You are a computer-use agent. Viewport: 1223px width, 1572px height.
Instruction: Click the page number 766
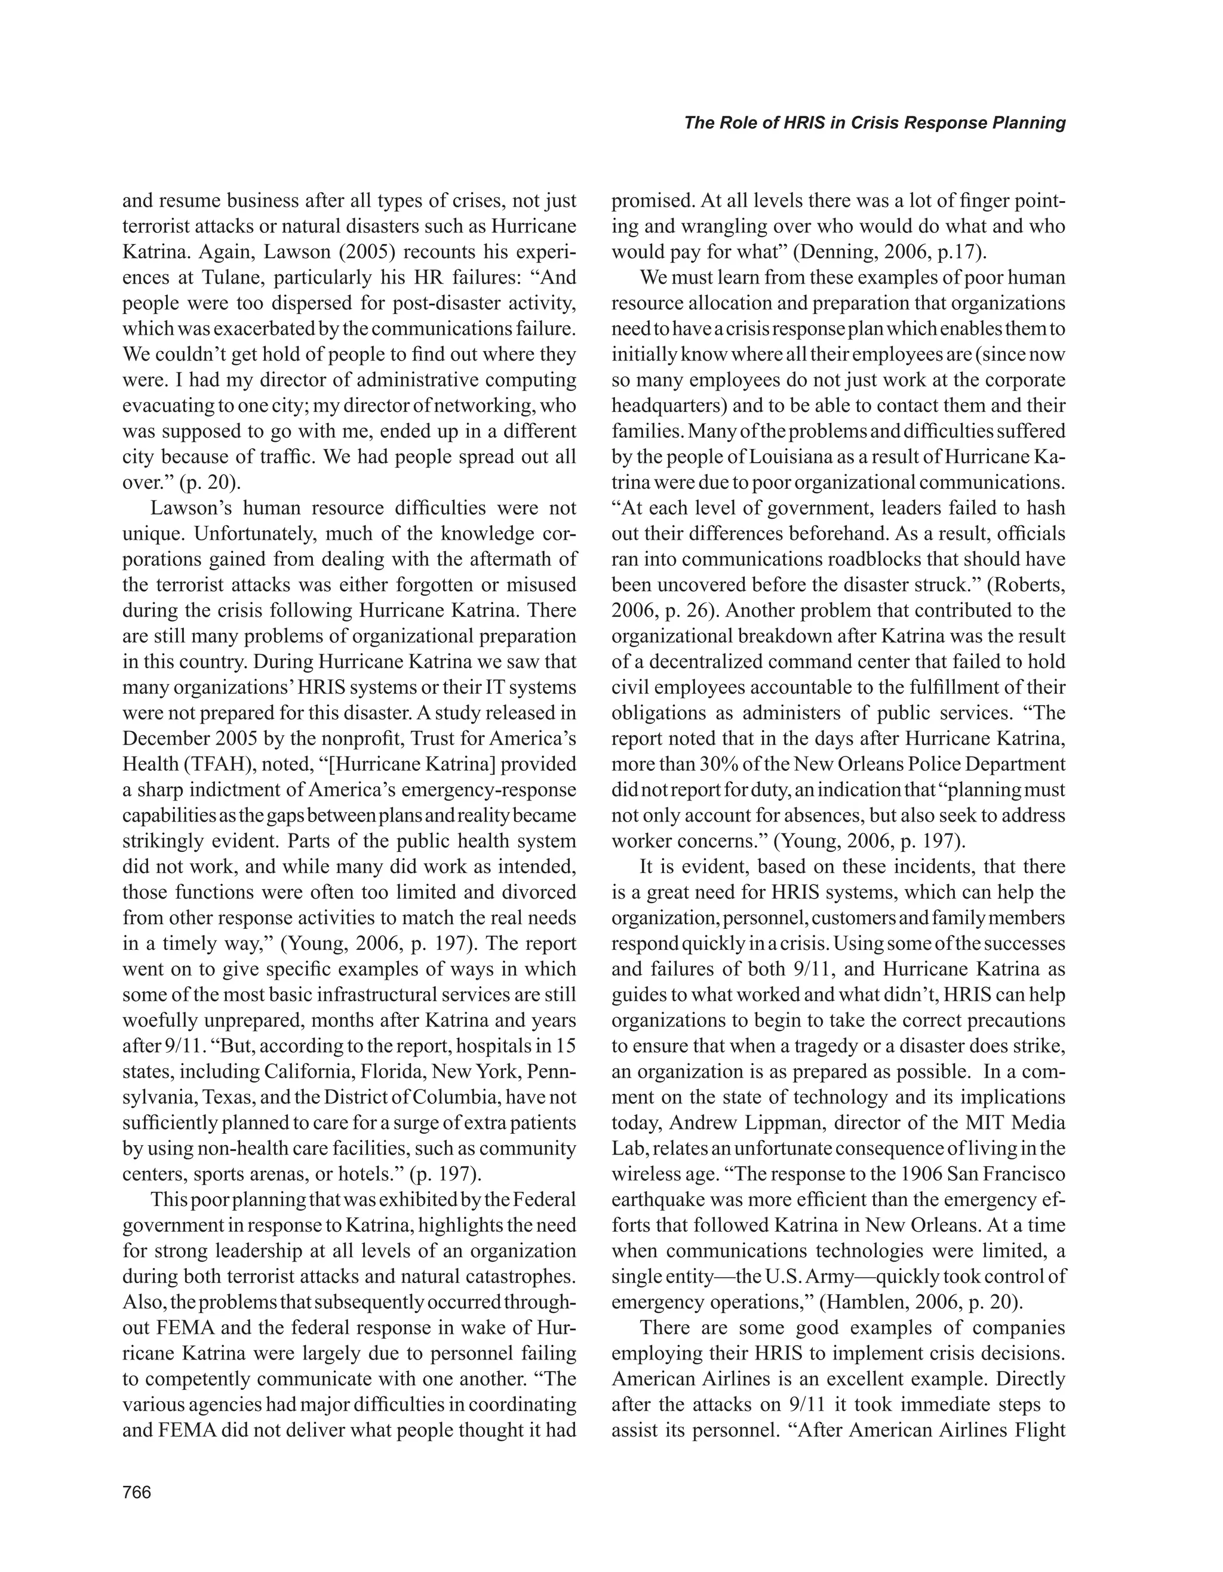tap(137, 1492)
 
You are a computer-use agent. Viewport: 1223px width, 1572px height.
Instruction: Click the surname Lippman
tap(788, 1122)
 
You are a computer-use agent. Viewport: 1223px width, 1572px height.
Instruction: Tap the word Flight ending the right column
tap(1040, 1429)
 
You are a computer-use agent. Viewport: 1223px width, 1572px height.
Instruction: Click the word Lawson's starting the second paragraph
tap(190, 508)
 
